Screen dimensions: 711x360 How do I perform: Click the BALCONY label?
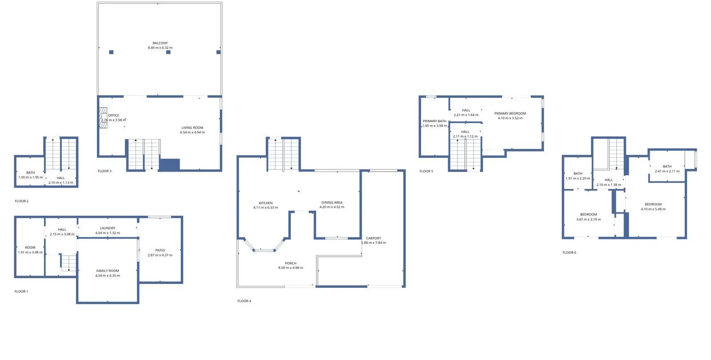point(160,43)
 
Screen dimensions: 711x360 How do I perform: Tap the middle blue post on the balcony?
point(168,52)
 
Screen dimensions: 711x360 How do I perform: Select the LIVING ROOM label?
point(192,128)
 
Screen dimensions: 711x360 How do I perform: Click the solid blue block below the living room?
point(169,165)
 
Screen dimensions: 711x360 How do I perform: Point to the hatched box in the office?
point(103,117)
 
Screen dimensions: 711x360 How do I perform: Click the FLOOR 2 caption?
point(22,201)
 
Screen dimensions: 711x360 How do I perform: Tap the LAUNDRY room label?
point(108,228)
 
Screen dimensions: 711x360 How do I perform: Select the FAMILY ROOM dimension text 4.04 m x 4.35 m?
point(108,276)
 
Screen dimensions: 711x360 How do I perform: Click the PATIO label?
point(160,250)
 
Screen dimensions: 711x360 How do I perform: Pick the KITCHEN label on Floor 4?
point(266,203)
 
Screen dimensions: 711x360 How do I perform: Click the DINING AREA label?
point(332,202)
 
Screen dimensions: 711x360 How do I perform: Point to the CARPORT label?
point(374,238)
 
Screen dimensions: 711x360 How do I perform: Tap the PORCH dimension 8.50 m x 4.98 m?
point(291,268)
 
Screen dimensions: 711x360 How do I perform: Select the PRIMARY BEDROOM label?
point(510,113)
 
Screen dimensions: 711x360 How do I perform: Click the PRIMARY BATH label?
point(435,121)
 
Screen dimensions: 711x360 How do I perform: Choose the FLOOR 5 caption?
point(426,171)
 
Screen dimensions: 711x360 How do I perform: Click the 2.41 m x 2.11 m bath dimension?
point(667,171)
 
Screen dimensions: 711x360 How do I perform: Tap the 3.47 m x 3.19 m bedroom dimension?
point(588,220)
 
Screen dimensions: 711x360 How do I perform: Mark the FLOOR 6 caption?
point(569,252)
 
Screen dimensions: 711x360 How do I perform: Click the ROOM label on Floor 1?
point(30,247)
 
